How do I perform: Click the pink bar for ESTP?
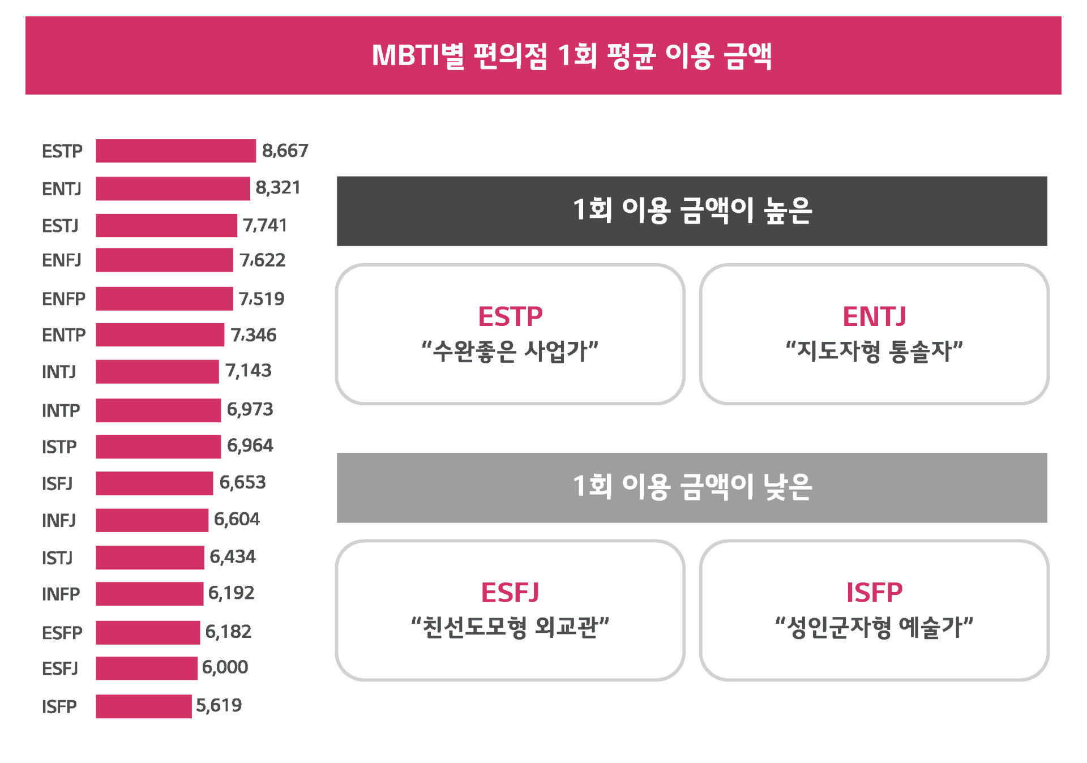pyautogui.click(x=176, y=151)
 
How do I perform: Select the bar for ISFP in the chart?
pyautogui.click(x=143, y=706)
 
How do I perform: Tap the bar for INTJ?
pyautogui.click(x=157, y=372)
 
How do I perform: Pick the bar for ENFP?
pyautogui.click(x=164, y=299)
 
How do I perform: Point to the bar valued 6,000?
pyautogui.click(x=146, y=668)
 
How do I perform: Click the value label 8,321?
pyautogui.click(x=277, y=188)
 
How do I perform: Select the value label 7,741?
pyautogui.click(x=264, y=225)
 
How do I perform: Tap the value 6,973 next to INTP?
pyautogui.click(x=250, y=409)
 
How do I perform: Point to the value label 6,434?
pyautogui.click(x=232, y=557)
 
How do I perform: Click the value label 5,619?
pyautogui.click(x=219, y=706)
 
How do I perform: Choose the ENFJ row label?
pyautogui.click(x=62, y=260)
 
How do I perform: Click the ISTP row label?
pyautogui.click(x=59, y=447)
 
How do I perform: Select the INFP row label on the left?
pyautogui.click(x=61, y=594)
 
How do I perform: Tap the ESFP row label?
pyautogui.click(x=62, y=633)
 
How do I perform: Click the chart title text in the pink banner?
pyautogui.click(x=572, y=56)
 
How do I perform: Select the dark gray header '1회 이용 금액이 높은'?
pyautogui.click(x=692, y=211)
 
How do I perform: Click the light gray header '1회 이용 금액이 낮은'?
pyautogui.click(x=692, y=487)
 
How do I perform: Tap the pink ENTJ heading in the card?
pyautogui.click(x=874, y=316)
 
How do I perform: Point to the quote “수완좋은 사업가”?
pyautogui.click(x=510, y=352)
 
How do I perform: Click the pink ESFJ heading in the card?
pyautogui.click(x=510, y=593)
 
